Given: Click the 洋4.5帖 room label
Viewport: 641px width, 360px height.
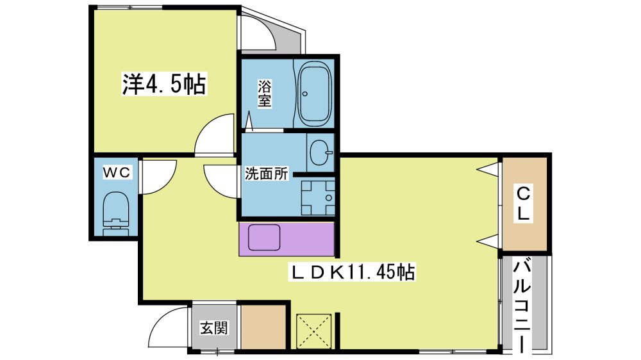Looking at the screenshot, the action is (164, 84).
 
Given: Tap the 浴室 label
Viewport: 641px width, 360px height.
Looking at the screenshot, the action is (265, 94).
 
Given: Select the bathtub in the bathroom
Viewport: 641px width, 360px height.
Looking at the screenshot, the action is (314, 94).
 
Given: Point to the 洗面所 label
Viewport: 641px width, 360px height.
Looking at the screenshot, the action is (266, 174).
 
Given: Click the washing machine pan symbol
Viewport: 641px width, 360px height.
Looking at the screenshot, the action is (318, 198).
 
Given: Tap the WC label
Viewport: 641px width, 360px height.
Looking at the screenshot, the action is (116, 172).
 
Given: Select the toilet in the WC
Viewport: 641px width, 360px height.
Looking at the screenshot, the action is (115, 213).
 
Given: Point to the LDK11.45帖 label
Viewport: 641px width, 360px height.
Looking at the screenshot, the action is (353, 272).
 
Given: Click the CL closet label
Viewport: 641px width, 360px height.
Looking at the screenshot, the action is (523, 204).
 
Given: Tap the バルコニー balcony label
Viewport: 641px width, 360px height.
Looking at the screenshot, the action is (522, 306).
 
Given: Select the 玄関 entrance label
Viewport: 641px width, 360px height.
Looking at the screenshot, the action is (214, 328).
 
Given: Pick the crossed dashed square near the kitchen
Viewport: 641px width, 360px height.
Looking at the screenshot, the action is (313, 331).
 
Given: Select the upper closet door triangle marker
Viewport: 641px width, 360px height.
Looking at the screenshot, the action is (488, 168).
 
